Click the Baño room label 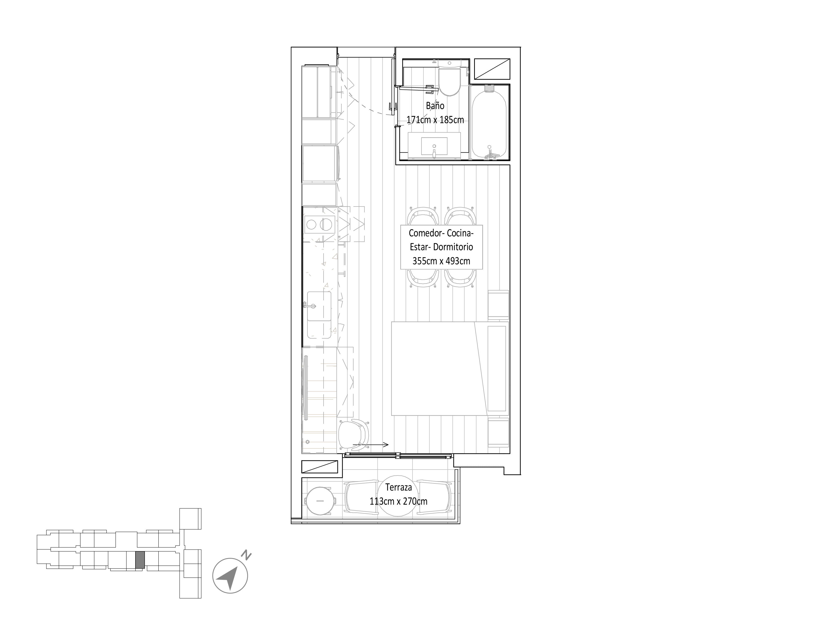(x=435, y=106)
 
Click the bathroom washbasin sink (x=434, y=146)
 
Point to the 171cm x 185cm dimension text (x=435, y=120)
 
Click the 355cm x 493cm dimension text (x=441, y=261)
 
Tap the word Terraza (x=398, y=487)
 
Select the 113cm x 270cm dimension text (x=398, y=501)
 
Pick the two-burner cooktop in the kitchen (x=319, y=225)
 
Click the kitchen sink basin (x=319, y=306)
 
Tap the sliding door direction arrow (x=371, y=445)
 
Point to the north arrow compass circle (x=230, y=576)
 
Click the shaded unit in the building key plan (x=140, y=560)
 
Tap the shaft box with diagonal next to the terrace (x=319, y=467)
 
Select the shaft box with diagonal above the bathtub (x=492, y=69)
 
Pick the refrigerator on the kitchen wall (x=320, y=163)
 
